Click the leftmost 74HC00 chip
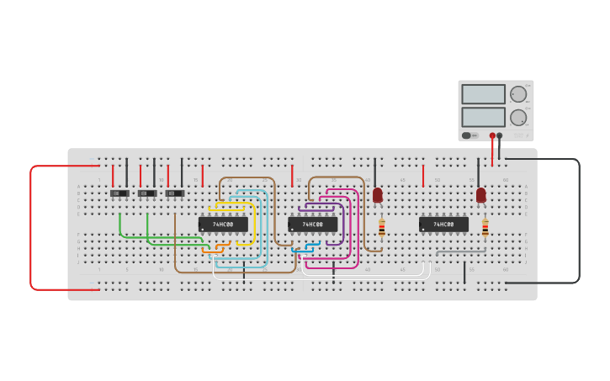(x=223, y=225)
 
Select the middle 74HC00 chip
(x=312, y=225)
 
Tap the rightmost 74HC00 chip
(x=443, y=225)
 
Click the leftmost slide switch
(x=119, y=193)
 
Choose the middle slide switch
(x=147, y=193)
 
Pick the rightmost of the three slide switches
(x=175, y=193)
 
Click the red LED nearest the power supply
(x=481, y=195)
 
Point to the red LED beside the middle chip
(x=378, y=195)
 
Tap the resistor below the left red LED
(x=381, y=228)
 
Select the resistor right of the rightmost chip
(x=485, y=228)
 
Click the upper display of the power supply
(x=483, y=94)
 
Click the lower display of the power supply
(x=483, y=117)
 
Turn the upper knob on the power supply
(x=517, y=94)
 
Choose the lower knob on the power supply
(x=517, y=117)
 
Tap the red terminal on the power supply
(x=492, y=135)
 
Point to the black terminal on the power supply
(x=500, y=135)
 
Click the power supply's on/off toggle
(x=467, y=135)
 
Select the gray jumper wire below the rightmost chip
(x=461, y=250)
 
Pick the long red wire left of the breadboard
(x=31, y=227)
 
